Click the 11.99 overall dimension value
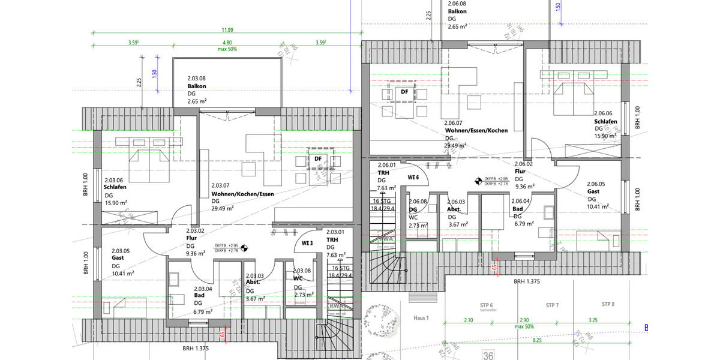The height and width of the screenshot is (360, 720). point(227,29)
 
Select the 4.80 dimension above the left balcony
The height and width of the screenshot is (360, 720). point(227,43)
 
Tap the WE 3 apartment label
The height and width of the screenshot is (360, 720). point(308,243)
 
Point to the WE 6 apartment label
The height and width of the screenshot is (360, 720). point(413,177)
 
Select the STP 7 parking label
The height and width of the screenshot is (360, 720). point(552,305)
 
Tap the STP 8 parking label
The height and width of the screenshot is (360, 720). point(608,305)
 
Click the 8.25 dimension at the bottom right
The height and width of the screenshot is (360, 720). point(537,340)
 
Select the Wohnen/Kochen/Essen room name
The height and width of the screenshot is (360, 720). point(242,194)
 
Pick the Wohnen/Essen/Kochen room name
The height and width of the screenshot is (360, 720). point(476,130)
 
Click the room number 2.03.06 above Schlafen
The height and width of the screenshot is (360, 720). point(113,179)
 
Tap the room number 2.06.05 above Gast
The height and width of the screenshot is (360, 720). point(596,184)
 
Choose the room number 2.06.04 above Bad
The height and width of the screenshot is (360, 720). point(521,201)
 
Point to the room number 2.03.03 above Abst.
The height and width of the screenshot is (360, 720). point(255,275)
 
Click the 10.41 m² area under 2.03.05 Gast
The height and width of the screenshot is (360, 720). point(122,273)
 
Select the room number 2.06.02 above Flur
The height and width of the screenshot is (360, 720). point(524,163)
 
